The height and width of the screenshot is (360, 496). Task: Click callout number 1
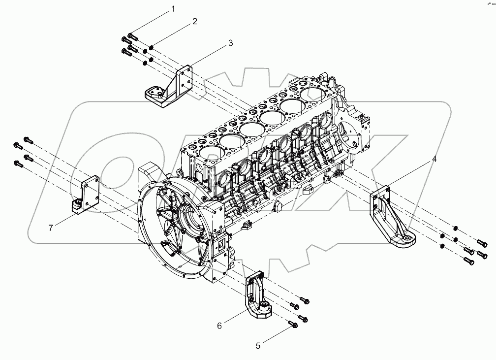click(x=173, y=9)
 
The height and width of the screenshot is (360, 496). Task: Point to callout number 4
click(x=434, y=159)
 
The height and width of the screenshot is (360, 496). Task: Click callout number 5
click(x=258, y=346)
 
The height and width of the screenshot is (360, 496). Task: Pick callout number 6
click(x=220, y=326)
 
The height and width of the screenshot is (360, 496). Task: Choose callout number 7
click(x=51, y=227)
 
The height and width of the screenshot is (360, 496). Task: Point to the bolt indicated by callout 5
click(x=294, y=324)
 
